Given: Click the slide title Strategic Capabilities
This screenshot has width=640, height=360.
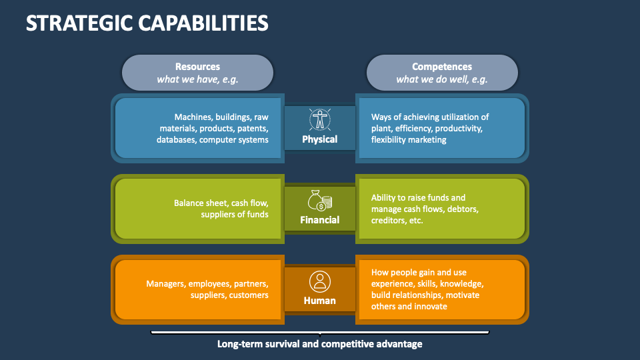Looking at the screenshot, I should (147, 23).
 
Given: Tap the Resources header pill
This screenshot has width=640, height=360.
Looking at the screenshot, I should (197, 73).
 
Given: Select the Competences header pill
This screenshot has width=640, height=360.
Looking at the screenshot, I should (442, 73).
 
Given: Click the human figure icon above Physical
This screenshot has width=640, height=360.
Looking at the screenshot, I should (320, 119).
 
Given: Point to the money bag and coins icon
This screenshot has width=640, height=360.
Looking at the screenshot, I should (320, 200).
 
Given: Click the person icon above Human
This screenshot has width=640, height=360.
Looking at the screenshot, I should (320, 281).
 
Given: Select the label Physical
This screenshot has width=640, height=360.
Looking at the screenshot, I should (320, 139).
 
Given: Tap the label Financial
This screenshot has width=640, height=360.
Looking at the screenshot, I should (320, 220).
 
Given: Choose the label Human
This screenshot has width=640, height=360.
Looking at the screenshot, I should (320, 301).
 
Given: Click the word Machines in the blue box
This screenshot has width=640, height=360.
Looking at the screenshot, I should (193, 117).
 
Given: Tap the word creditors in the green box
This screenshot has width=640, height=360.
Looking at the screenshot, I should (388, 220).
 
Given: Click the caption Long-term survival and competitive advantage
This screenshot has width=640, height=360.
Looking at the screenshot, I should (320, 344).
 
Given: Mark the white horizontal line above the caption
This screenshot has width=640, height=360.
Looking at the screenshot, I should (320, 331).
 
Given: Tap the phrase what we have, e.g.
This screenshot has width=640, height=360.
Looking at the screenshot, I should (197, 79).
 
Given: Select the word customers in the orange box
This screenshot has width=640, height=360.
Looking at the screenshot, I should (249, 295).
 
